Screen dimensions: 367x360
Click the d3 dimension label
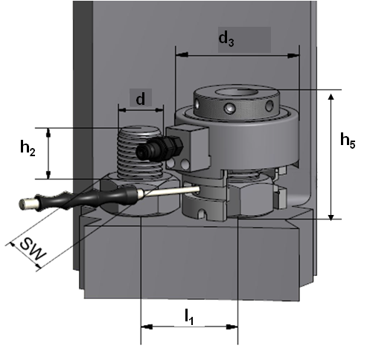click(x=226, y=39)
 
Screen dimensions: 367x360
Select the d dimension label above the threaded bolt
click(x=141, y=99)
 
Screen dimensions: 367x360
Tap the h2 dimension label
click(x=28, y=148)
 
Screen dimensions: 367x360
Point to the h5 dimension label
click(x=348, y=141)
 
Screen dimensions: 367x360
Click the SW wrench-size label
click(x=33, y=248)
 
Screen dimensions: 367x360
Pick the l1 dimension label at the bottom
click(x=189, y=317)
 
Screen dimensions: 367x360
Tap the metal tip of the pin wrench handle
click(x=28, y=203)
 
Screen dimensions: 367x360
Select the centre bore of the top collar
click(x=236, y=92)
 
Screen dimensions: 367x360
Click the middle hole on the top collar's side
click(x=229, y=109)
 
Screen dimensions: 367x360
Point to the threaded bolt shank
click(x=140, y=152)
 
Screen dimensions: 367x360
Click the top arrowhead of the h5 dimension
click(x=331, y=97)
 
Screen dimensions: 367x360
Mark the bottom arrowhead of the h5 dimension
click(x=331, y=216)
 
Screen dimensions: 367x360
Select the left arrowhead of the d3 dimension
click(x=182, y=55)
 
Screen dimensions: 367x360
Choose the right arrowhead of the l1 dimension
click(x=232, y=327)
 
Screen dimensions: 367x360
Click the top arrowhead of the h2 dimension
click(x=48, y=132)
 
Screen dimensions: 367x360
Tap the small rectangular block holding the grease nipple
click(x=188, y=148)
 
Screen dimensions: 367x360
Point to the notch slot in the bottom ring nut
click(x=202, y=214)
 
